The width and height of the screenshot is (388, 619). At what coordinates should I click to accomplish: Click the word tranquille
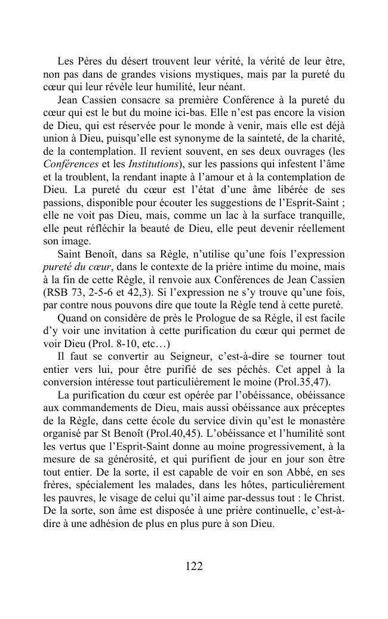316,215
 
